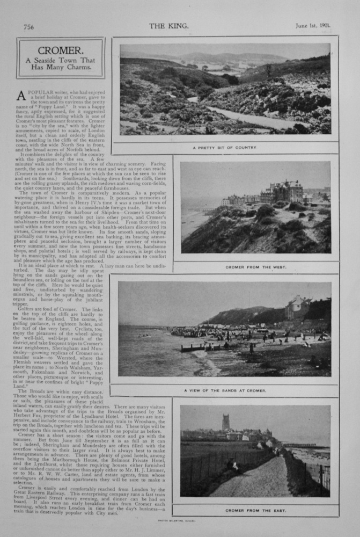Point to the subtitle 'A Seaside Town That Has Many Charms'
pos(60,63)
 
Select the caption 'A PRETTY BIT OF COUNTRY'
pos(224,147)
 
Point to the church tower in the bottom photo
pos(226,422)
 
